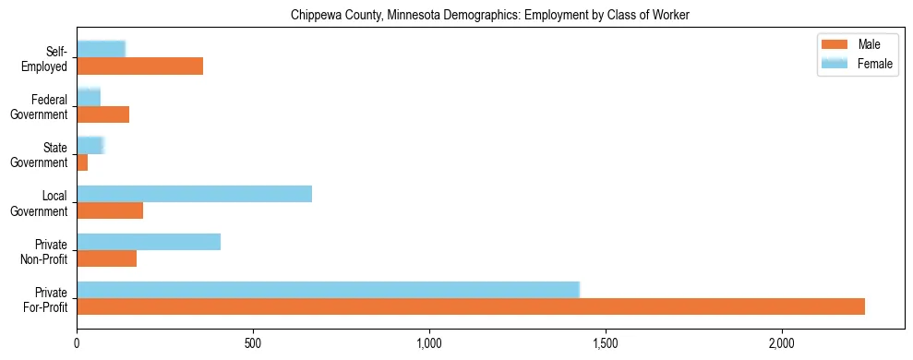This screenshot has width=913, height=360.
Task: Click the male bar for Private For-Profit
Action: click(471, 306)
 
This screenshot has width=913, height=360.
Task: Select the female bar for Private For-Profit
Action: click(328, 290)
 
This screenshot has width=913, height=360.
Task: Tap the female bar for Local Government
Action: click(194, 194)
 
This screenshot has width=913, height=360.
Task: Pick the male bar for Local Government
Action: click(110, 210)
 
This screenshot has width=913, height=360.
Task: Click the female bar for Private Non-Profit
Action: click(149, 242)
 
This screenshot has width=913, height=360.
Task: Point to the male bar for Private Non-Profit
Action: click(107, 258)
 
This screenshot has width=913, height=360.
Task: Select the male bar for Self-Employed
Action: click(139, 66)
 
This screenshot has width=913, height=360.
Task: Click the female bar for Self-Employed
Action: click(101, 50)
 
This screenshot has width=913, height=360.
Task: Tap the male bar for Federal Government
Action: click(102, 114)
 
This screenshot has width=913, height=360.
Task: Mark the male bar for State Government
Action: click(82, 162)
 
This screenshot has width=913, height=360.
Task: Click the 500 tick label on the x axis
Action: click(253, 344)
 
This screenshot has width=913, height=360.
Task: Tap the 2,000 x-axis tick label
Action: click(782, 344)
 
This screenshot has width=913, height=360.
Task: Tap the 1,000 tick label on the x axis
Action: click(429, 344)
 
